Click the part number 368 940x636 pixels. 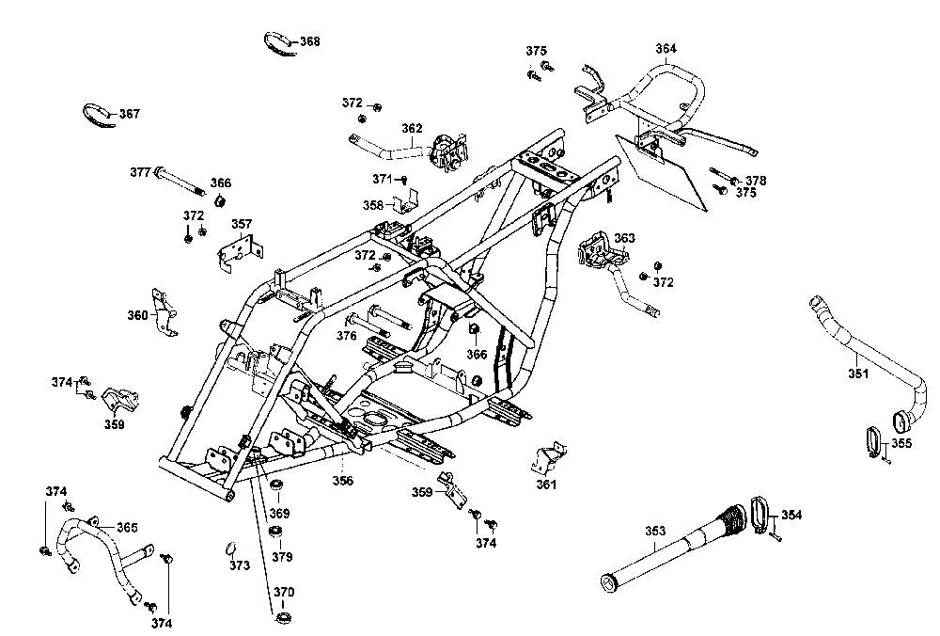(x=309, y=41)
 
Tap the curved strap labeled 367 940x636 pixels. (x=95, y=114)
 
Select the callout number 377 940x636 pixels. (x=140, y=172)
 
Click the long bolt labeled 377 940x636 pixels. (x=183, y=182)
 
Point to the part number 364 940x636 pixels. (x=666, y=48)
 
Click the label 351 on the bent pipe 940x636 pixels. (x=857, y=374)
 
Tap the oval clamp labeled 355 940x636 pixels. (x=871, y=440)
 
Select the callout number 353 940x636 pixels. (x=655, y=532)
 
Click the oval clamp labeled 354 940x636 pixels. (x=759, y=510)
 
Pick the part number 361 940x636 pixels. (x=547, y=485)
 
